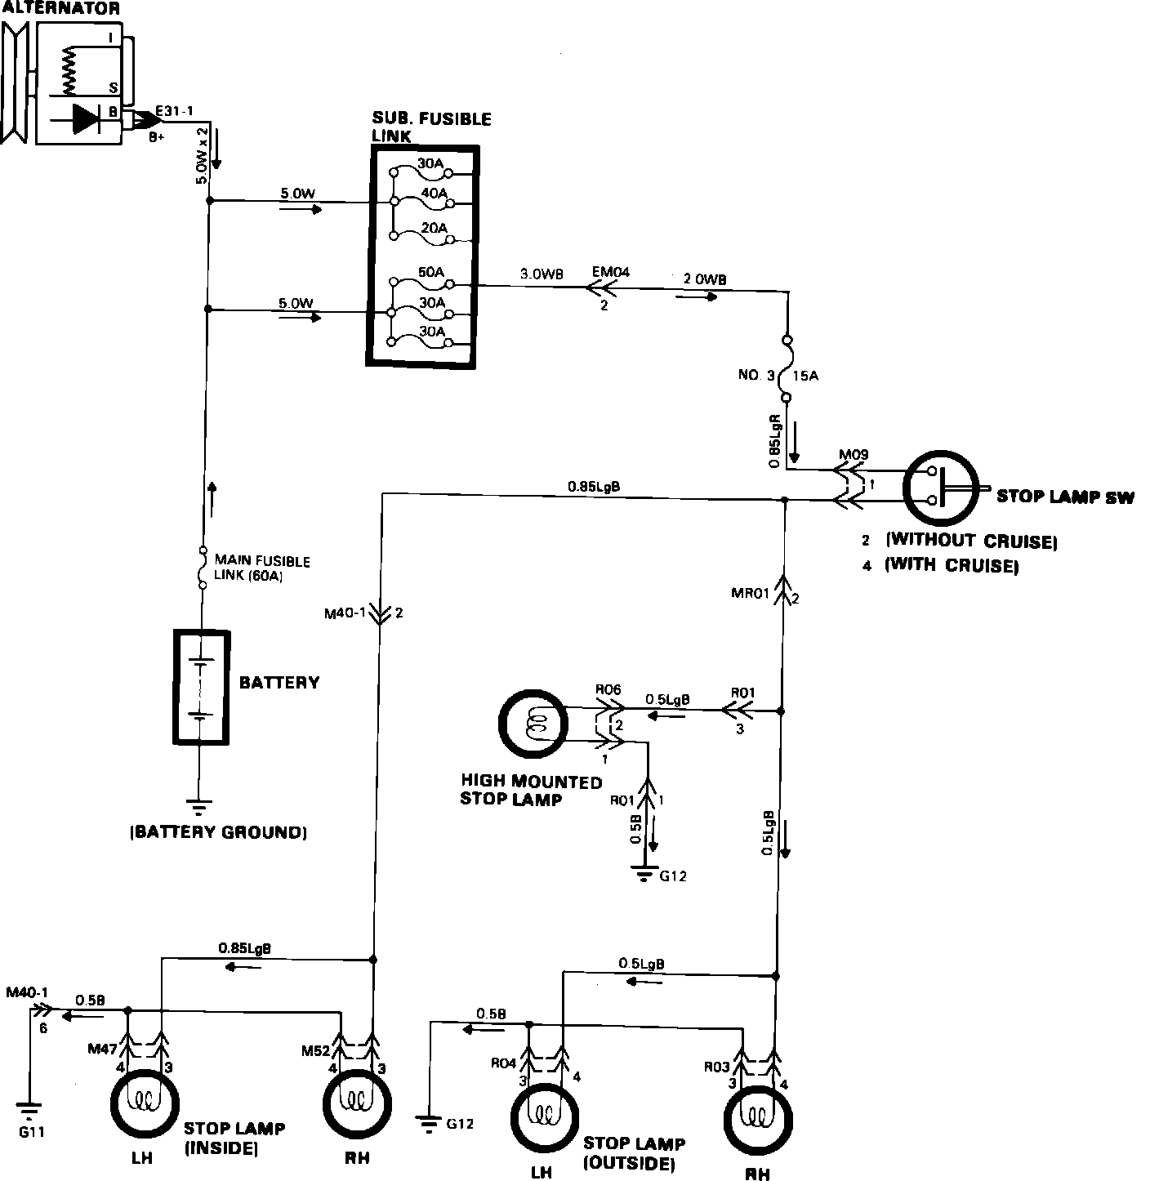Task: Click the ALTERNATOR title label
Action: click(60, 9)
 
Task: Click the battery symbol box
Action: click(200, 686)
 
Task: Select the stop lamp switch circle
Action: click(940, 488)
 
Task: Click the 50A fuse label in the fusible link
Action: click(431, 272)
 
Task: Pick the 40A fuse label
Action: click(434, 193)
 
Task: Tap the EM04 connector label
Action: click(612, 272)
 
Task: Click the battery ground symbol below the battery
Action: click(199, 808)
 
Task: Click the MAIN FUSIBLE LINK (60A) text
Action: click(262, 568)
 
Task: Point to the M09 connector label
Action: click(854, 455)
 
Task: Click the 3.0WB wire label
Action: click(542, 274)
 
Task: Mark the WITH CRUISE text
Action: click(952, 565)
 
